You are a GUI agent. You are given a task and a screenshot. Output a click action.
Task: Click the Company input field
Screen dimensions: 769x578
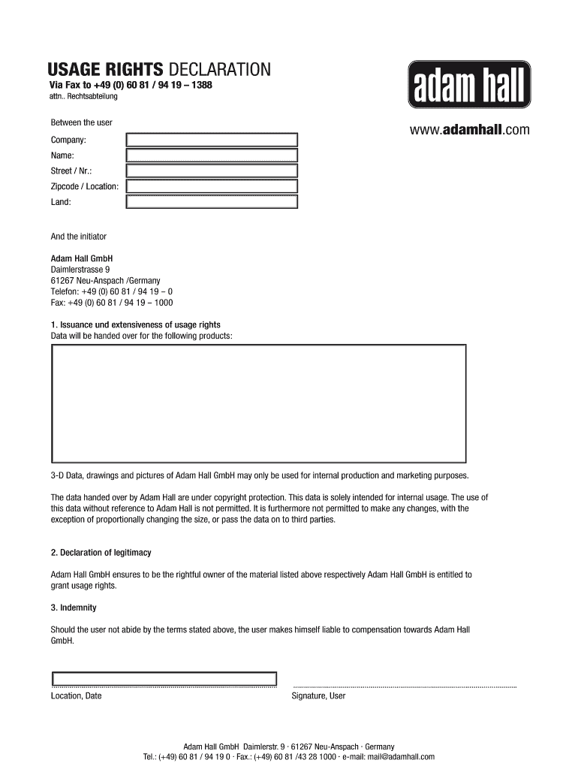(212, 140)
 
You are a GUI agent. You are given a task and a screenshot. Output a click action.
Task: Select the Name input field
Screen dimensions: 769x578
(212, 155)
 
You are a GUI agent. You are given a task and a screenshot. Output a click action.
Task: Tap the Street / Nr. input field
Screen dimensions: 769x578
(212, 171)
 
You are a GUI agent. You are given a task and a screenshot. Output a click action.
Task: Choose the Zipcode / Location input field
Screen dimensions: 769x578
(212, 186)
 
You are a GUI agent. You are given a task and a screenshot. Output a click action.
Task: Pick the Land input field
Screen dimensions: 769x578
(212, 202)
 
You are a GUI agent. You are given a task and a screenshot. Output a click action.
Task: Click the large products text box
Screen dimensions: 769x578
(258, 403)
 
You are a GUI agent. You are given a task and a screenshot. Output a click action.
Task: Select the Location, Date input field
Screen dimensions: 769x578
(164, 679)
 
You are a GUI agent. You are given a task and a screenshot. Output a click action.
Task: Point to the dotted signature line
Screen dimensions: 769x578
(405, 686)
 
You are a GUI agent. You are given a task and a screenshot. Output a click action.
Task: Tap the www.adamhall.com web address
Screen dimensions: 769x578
(469, 130)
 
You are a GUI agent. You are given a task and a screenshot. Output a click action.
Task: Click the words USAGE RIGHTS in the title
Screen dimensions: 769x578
(106, 70)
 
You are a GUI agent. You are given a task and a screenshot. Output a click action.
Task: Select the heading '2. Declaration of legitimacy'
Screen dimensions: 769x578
(101, 553)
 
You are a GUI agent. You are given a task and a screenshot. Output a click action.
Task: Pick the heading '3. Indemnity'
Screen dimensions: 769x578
(74, 608)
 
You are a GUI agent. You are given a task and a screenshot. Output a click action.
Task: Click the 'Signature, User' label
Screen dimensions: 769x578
(318, 696)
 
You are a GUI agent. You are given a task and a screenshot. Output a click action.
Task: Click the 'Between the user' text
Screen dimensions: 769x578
(81, 122)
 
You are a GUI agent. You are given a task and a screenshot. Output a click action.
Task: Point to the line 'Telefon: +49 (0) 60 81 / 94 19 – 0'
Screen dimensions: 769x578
(112, 291)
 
